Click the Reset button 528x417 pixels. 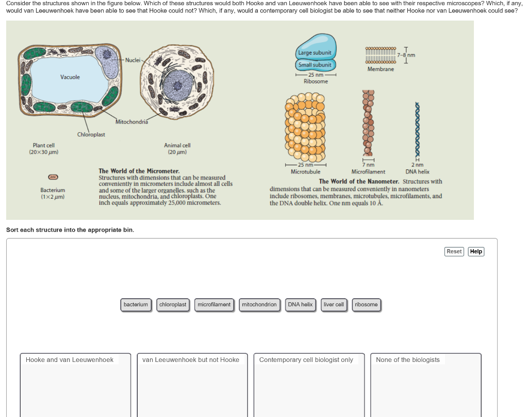coord(454,251)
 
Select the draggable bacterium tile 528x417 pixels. coord(136,305)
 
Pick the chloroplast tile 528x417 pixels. coord(173,305)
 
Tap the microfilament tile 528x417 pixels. coord(214,305)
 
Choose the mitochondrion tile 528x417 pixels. coord(259,305)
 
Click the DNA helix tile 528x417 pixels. coord(300,305)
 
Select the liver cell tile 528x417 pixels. coord(334,305)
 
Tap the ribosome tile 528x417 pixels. coord(366,305)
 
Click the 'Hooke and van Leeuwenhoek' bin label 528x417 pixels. coord(70,360)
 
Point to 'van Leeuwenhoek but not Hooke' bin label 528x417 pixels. coord(191,360)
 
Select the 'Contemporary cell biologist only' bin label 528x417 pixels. coord(306,360)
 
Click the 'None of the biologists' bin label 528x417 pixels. coord(408,360)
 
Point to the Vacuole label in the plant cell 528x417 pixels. coord(70,77)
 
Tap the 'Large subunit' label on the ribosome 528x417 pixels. coord(315,53)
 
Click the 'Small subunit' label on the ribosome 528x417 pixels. coord(315,65)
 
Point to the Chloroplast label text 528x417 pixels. coord(91,135)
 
